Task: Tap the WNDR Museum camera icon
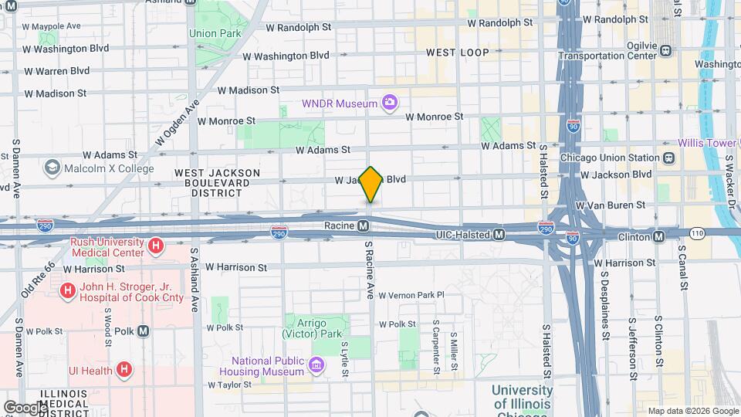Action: (x=391, y=103)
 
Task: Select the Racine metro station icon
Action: (x=363, y=226)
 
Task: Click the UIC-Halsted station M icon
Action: (x=499, y=234)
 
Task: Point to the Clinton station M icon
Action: (x=658, y=236)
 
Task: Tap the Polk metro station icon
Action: (x=144, y=331)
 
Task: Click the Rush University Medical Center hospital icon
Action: (x=156, y=247)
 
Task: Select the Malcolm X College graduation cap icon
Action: (x=52, y=168)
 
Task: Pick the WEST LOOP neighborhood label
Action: (x=458, y=53)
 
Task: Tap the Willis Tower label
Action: (x=706, y=143)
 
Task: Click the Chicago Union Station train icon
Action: (x=668, y=158)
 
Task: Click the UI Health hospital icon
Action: (x=122, y=370)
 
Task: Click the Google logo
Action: (x=25, y=407)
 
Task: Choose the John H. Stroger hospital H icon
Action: (x=68, y=290)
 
